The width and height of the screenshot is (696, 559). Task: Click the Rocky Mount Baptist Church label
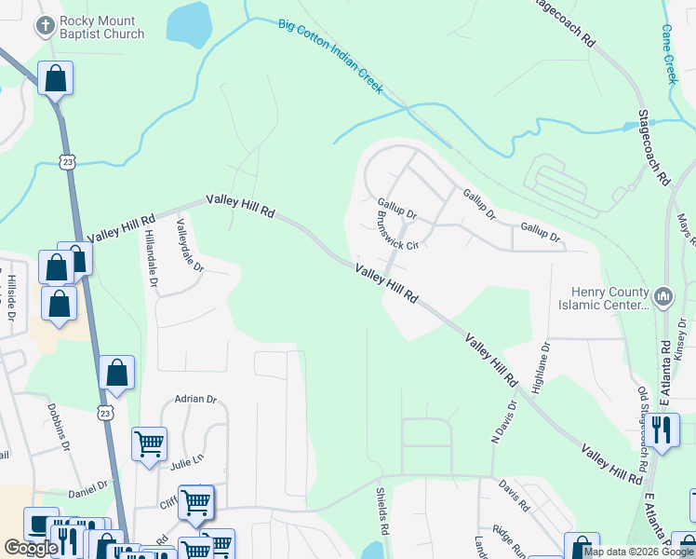tap(101, 27)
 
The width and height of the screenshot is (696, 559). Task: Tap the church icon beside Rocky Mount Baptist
tap(44, 27)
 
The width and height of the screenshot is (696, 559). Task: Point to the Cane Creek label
tap(669, 54)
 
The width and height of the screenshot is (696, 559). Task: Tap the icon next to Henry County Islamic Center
tap(663, 297)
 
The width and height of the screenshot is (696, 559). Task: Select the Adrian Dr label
tap(194, 400)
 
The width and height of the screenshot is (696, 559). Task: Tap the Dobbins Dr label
tap(59, 427)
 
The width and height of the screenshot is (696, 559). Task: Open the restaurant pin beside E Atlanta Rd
tap(661, 430)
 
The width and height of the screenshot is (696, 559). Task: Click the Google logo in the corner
tap(31, 548)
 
